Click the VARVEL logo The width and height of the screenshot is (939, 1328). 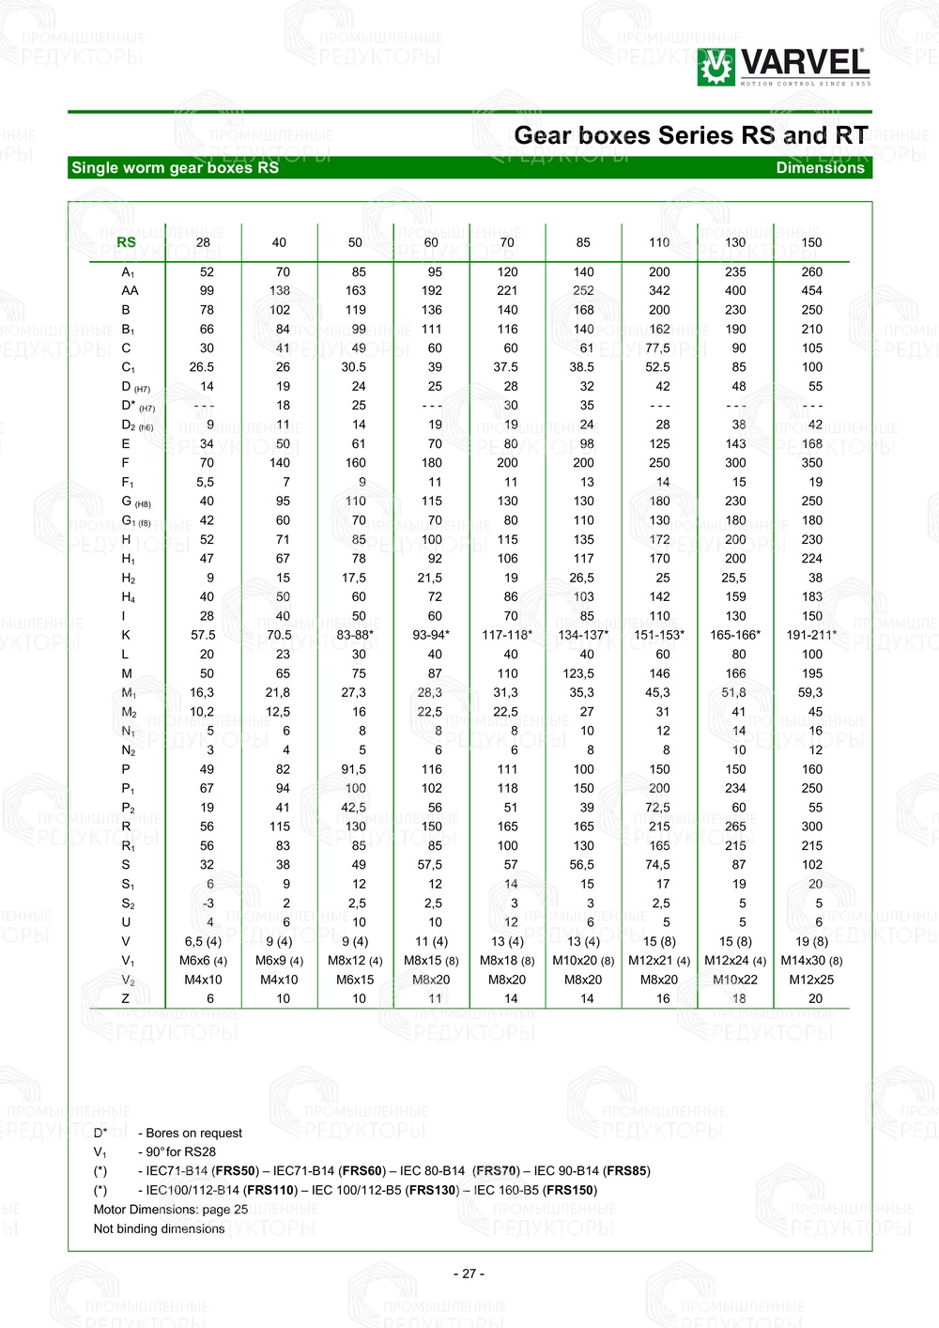click(x=784, y=67)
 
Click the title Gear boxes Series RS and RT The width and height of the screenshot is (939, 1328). click(x=691, y=136)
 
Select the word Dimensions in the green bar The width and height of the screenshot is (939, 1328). click(x=820, y=168)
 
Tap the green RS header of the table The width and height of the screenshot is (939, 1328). click(x=126, y=242)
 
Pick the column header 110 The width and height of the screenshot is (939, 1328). click(x=659, y=242)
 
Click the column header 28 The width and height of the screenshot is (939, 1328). click(x=203, y=242)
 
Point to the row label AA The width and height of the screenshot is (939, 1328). click(x=130, y=291)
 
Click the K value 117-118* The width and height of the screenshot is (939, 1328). click(x=507, y=635)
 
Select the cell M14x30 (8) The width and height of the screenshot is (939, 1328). click(x=811, y=961)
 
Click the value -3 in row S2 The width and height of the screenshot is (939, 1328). click(x=208, y=903)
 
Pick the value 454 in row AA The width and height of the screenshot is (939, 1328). click(x=811, y=291)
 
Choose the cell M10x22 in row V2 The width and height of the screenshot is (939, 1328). click(x=735, y=980)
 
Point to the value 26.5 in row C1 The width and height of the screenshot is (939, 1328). click(x=202, y=367)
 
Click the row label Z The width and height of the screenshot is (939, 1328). click(x=126, y=999)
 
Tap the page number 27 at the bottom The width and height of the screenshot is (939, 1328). click(x=469, y=1274)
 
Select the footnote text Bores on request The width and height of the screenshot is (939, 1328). click(x=193, y=1134)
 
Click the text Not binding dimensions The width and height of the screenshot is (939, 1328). click(x=159, y=1229)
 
